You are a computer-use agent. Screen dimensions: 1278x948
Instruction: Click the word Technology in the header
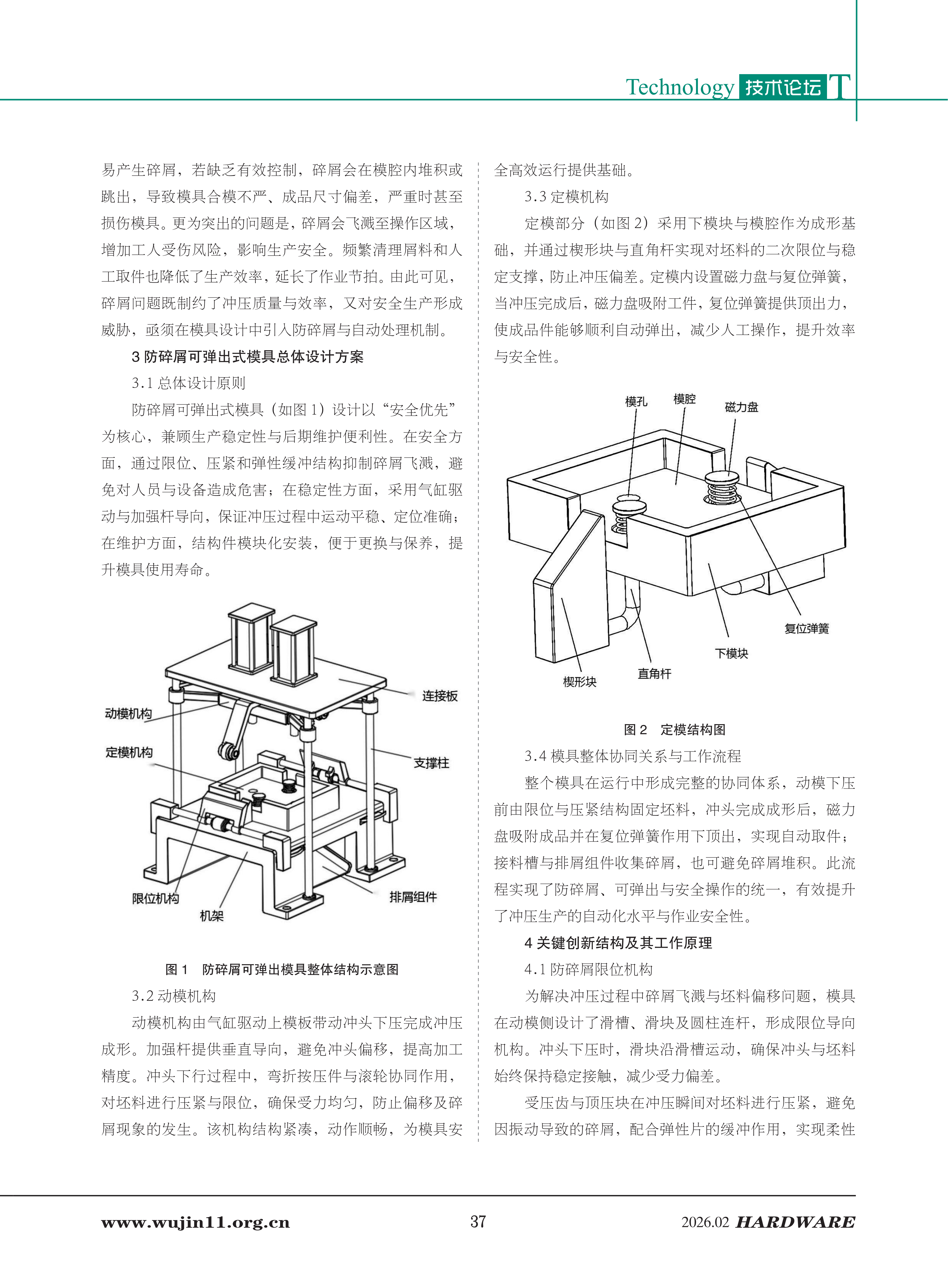point(680,87)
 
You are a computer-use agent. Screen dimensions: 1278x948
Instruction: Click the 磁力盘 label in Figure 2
point(741,407)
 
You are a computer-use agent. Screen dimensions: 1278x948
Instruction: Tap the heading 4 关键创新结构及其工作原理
point(618,943)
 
